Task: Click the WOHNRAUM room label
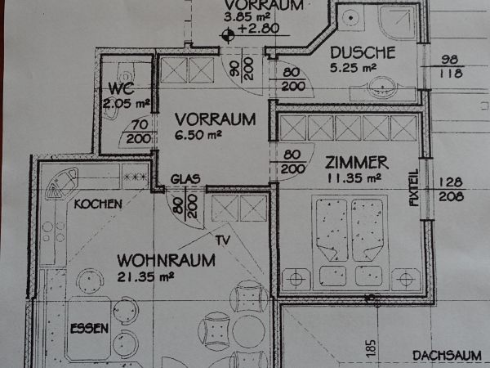coord(167,260)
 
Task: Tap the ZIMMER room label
coord(357,163)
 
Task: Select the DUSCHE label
coord(363,52)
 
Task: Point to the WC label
coord(121,88)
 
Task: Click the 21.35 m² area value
coord(145,276)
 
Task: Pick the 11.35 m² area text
coord(354,178)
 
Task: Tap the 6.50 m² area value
coord(198,135)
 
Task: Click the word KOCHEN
coord(98,204)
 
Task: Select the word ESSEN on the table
coord(89,329)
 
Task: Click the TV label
coord(223,240)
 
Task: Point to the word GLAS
coord(185,179)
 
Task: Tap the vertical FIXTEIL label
coord(414,187)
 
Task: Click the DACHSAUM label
coord(447,356)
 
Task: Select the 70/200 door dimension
coord(139,132)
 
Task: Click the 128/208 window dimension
coord(451,190)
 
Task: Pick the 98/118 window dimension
coord(450,67)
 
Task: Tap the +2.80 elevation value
coord(258,29)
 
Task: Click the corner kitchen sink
coord(62,184)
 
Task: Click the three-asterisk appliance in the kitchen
coord(135,177)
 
